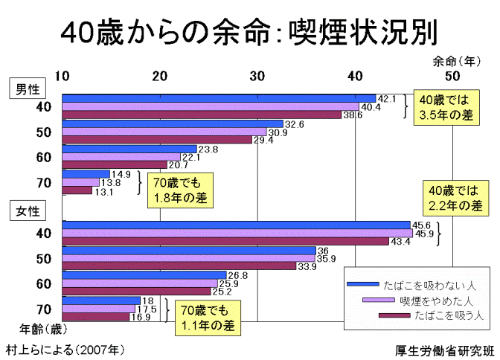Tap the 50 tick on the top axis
point(452,75)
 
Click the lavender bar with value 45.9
point(237,234)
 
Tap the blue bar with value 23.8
point(129,149)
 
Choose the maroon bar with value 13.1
point(77,190)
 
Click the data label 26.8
point(238,275)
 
